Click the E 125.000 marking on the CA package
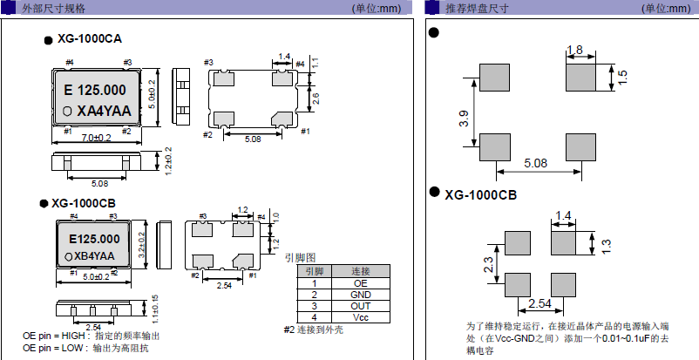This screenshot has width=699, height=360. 97,91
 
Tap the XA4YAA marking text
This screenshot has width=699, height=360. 104,111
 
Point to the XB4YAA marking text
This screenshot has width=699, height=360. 95,255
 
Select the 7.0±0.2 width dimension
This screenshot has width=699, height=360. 96,138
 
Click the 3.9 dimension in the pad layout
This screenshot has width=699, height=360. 464,119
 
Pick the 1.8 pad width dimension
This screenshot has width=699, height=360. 574,50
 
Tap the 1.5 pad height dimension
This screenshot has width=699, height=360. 622,77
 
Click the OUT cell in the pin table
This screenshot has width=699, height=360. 361,306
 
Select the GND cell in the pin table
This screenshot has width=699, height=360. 361,295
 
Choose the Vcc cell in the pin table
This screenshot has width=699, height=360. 361,317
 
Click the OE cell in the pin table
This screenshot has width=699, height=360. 361,283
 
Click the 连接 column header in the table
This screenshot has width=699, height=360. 361,271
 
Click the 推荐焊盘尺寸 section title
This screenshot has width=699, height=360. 477,8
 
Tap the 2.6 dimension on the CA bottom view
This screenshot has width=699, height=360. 316,98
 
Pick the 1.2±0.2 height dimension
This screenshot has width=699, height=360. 169,160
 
